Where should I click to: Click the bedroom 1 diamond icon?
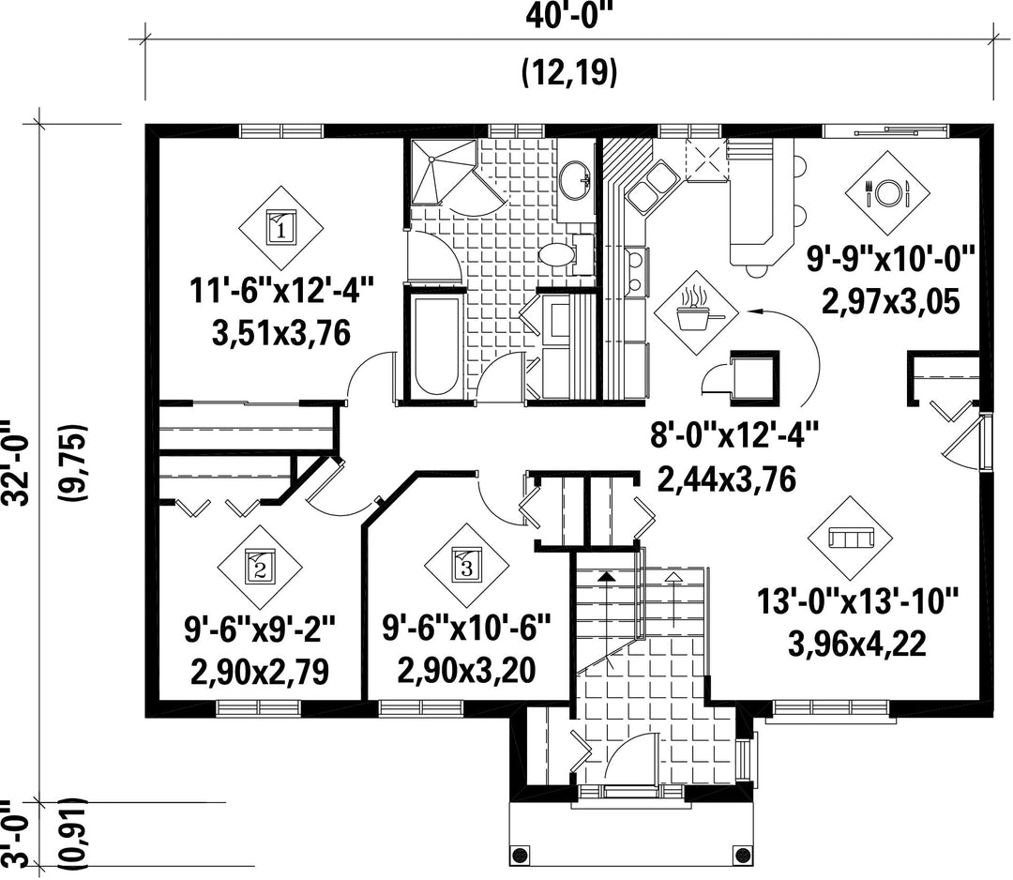pyautogui.click(x=281, y=228)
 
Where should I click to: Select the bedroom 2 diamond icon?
pyautogui.click(x=260, y=567)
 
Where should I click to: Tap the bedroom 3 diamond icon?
pyautogui.click(x=466, y=566)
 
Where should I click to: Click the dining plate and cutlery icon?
pyautogui.click(x=888, y=192)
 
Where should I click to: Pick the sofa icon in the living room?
pyautogui.click(x=850, y=538)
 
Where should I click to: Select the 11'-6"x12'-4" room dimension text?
pyautogui.click(x=282, y=290)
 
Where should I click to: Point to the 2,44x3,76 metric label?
pyautogui.click(x=727, y=479)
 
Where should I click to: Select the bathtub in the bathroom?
pyautogui.click(x=433, y=345)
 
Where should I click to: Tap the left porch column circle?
pyautogui.click(x=519, y=856)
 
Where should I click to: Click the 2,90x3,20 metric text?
pyautogui.click(x=466, y=670)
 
